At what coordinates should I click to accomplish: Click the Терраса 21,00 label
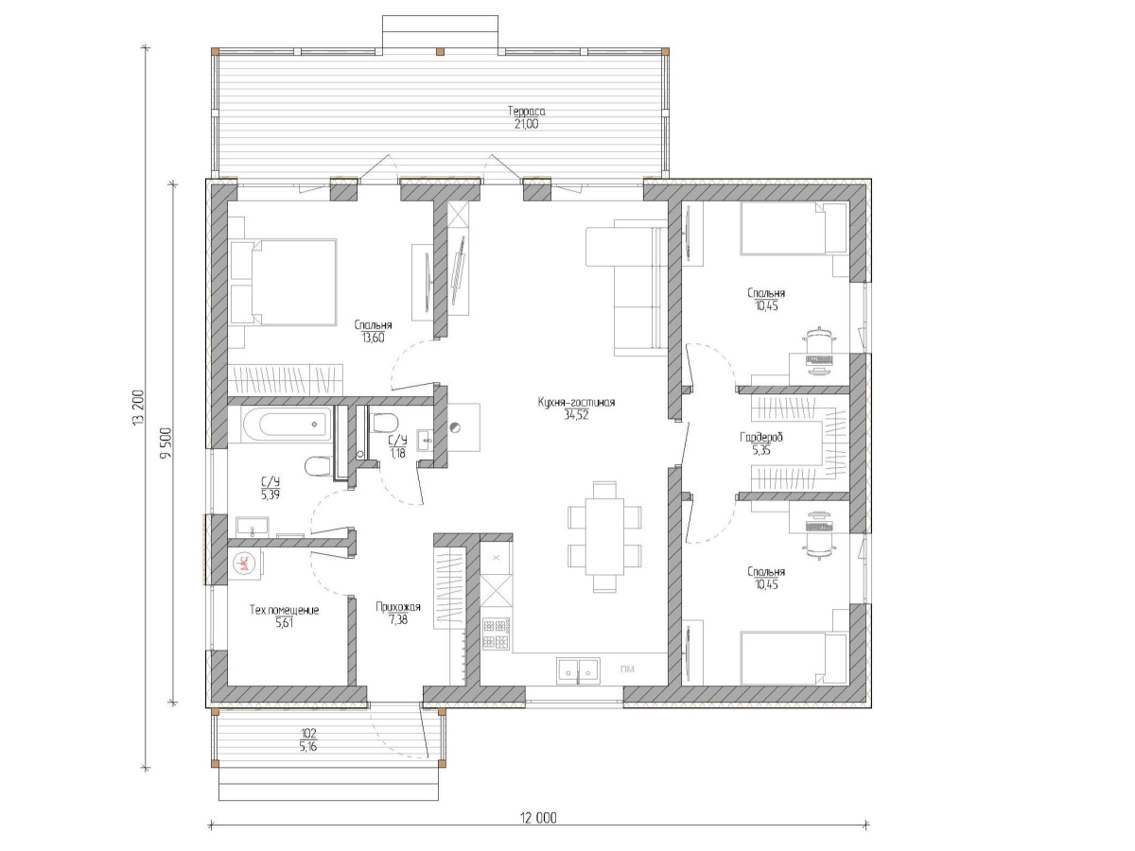click(527, 117)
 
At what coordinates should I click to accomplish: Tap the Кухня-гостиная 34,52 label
click(576, 408)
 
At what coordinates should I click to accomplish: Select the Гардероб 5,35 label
click(761, 443)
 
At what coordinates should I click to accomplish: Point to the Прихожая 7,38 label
click(397, 614)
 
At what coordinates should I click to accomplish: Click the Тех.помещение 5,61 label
click(284, 617)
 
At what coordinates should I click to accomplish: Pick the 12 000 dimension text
click(538, 819)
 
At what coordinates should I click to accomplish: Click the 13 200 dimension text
click(138, 408)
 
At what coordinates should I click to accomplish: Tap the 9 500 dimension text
click(166, 443)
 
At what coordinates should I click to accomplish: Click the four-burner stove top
click(497, 634)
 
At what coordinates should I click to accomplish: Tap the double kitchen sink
click(578, 671)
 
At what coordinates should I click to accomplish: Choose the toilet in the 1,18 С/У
click(383, 423)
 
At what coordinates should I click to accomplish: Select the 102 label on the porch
click(307, 733)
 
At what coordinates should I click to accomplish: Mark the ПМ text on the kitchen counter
click(627, 669)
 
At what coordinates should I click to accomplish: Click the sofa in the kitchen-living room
click(627, 287)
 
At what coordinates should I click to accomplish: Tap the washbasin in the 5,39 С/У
click(253, 527)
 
